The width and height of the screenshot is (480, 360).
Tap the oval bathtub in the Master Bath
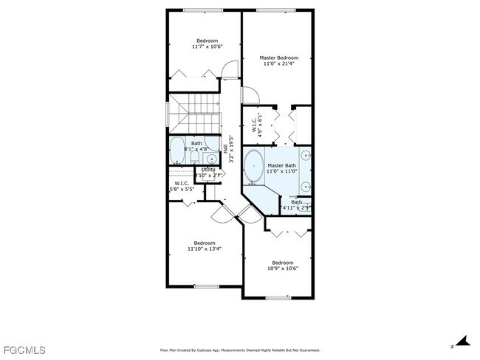[x=254, y=165]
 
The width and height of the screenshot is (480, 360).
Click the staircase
[x=195, y=114]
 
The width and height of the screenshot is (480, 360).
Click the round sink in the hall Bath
[x=211, y=158]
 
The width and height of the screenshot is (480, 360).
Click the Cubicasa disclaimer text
[x=239, y=350]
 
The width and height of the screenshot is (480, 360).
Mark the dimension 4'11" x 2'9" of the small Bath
[x=296, y=208]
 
